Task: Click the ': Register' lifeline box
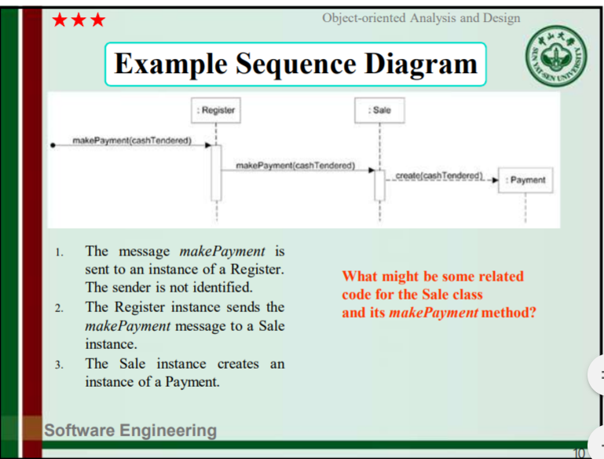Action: click(x=216, y=110)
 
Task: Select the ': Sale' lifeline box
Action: click(x=379, y=110)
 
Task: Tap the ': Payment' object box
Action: click(x=525, y=180)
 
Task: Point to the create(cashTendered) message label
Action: click(x=439, y=176)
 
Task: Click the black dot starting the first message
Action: click(x=53, y=145)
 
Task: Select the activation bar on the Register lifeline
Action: click(x=216, y=173)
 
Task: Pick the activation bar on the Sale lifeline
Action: click(x=380, y=185)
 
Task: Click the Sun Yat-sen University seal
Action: click(x=556, y=56)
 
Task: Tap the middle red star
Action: click(x=79, y=20)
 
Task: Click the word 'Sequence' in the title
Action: click(x=295, y=64)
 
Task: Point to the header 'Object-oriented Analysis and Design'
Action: click(x=421, y=18)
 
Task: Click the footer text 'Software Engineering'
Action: click(x=130, y=431)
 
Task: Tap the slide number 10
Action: click(x=579, y=453)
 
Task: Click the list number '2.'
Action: click(x=59, y=308)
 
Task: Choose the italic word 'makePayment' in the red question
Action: click(x=434, y=313)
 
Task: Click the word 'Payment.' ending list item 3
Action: click(x=192, y=382)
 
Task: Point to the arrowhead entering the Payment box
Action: click(x=496, y=180)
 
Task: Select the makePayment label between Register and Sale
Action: click(x=295, y=165)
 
